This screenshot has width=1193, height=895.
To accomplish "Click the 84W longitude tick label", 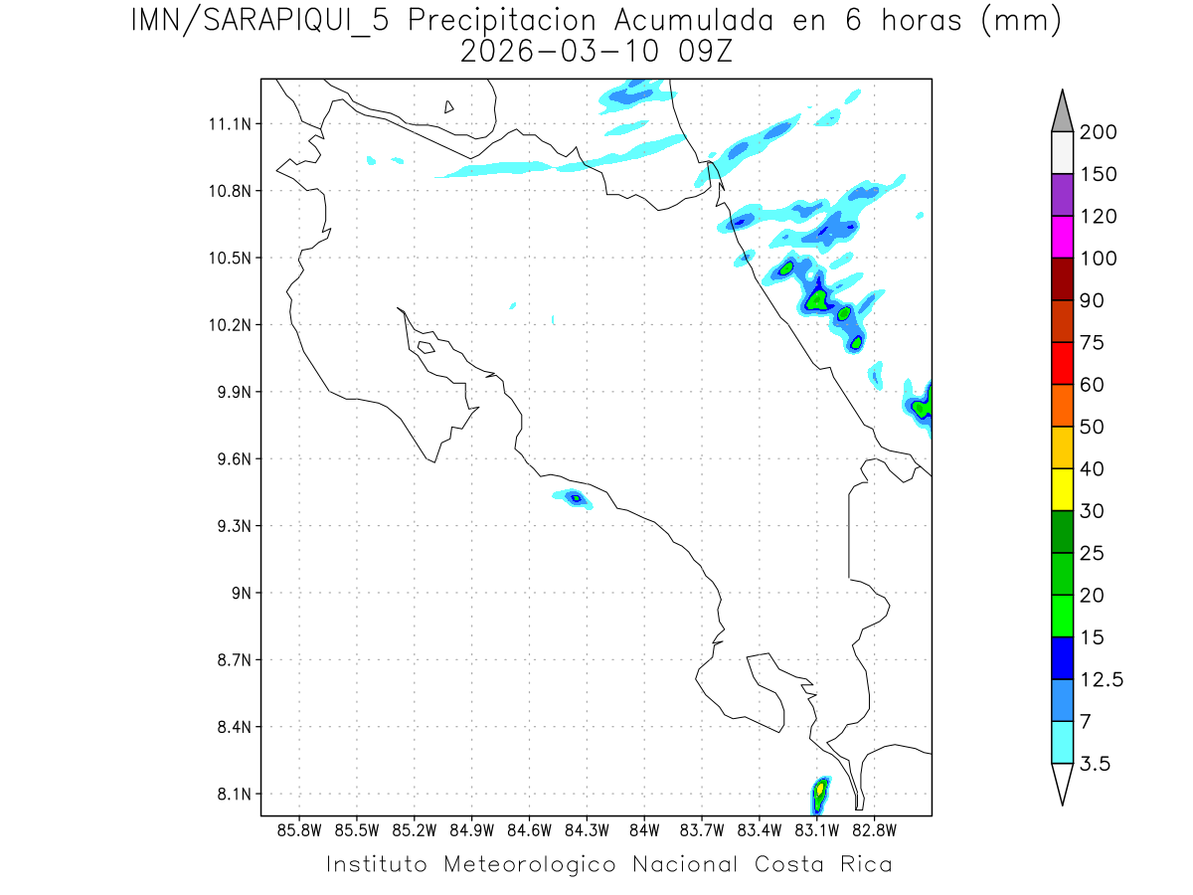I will click(644, 828).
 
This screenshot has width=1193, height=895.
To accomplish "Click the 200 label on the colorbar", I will click(1098, 132).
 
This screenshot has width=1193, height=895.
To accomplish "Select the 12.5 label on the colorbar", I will click(1102, 680).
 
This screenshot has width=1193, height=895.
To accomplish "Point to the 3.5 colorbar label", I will click(1096, 764).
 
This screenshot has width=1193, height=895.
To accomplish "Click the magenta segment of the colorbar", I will click(1062, 238).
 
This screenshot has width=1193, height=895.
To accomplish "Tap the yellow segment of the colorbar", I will click(1062, 489).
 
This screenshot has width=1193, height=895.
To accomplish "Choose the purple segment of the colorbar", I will click(1062, 195).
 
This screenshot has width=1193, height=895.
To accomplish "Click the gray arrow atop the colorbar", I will click(1062, 111).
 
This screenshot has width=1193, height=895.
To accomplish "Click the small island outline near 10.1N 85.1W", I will click(426, 347).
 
